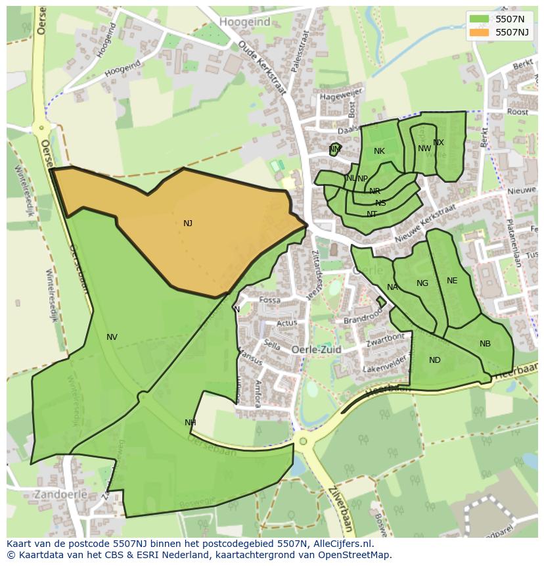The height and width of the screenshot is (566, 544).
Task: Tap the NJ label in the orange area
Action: tap(188, 224)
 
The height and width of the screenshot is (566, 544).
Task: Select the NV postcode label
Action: tap(112, 337)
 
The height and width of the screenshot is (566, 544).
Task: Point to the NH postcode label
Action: tap(190, 423)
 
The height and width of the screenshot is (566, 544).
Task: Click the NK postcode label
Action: tap(379, 151)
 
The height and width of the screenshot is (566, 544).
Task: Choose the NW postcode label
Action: tap(424, 149)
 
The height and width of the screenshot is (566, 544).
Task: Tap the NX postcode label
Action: tap(438, 143)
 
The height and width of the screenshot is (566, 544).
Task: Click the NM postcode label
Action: tap(335, 150)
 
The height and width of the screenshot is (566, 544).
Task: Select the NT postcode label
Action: tap(372, 214)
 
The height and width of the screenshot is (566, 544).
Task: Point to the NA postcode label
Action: tap(392, 287)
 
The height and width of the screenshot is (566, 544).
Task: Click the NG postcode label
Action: tap(422, 283)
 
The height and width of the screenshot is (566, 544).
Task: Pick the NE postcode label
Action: tap(452, 281)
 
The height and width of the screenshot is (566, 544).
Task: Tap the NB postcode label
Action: tap(485, 344)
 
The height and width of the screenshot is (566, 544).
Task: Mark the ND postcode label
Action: tap(435, 360)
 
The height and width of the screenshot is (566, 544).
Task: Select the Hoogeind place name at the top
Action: tap(244, 22)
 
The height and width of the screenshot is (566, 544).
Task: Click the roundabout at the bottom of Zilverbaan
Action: tap(303, 441)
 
